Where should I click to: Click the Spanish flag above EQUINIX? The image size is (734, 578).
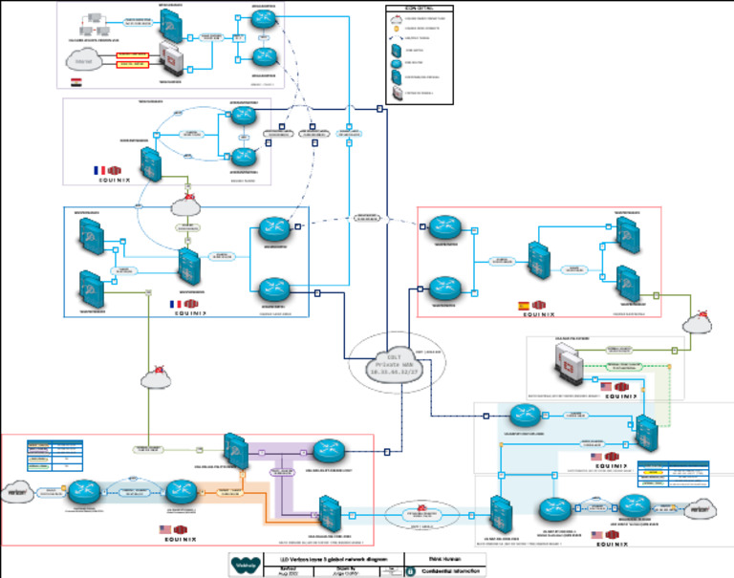click(524, 305)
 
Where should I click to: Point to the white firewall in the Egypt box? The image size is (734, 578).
click(169, 59)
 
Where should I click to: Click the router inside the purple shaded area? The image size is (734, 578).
click(327, 449)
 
